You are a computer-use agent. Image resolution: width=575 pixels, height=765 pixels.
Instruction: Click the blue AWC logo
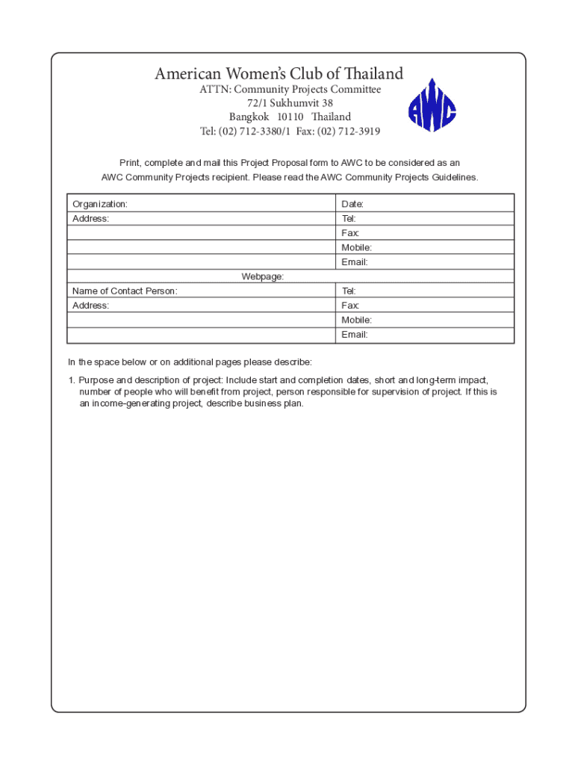pyautogui.click(x=432, y=106)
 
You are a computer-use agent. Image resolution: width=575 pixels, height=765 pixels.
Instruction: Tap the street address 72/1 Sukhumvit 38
pyautogui.click(x=290, y=103)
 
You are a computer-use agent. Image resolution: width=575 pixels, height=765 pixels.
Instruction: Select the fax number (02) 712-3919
pyautogui.click(x=348, y=131)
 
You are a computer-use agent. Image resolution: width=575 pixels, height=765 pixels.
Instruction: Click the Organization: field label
pyautogui.click(x=100, y=204)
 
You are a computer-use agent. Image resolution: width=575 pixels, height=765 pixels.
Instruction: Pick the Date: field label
pyautogui.click(x=352, y=204)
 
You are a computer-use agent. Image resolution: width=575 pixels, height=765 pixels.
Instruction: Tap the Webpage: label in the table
pyautogui.click(x=262, y=276)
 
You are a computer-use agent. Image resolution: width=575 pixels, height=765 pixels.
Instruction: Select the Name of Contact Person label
pyautogui.click(x=125, y=291)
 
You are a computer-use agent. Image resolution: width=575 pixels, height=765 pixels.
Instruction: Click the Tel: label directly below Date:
pyautogui.click(x=349, y=218)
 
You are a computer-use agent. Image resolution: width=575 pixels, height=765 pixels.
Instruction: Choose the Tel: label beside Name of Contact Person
pyautogui.click(x=349, y=291)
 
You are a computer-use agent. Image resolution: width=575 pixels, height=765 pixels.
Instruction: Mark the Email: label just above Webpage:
pyautogui.click(x=355, y=262)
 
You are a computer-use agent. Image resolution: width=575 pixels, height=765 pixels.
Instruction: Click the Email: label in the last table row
pyautogui.click(x=355, y=335)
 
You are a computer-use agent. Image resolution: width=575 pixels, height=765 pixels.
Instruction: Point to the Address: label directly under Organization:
pyautogui.click(x=90, y=218)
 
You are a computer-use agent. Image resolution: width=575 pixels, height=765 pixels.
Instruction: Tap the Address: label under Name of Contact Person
pyautogui.click(x=90, y=306)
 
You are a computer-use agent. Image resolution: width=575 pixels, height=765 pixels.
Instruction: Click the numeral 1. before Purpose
pyautogui.click(x=72, y=380)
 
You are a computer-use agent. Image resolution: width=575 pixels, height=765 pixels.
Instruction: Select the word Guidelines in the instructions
pyautogui.click(x=451, y=178)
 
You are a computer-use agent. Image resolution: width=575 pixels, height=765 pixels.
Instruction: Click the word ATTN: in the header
pyautogui.click(x=214, y=90)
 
